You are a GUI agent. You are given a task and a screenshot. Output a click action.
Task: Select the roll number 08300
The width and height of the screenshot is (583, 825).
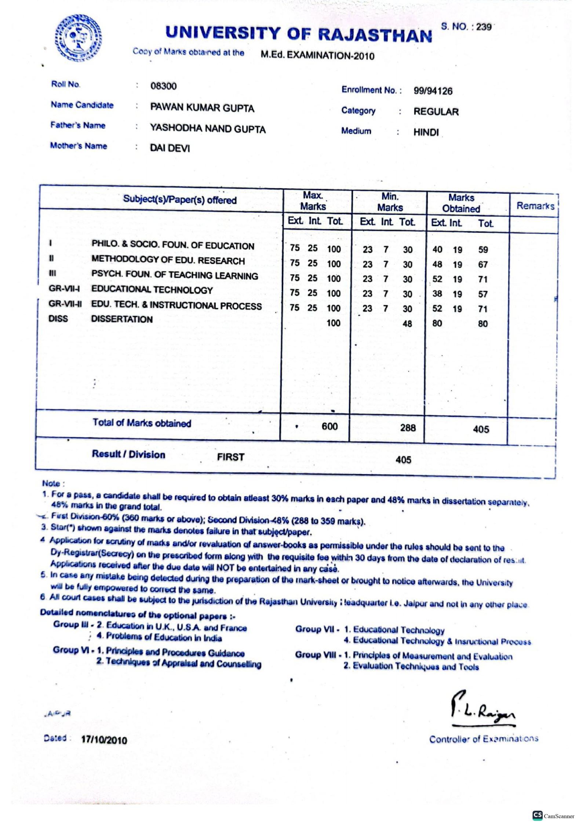tap(163, 86)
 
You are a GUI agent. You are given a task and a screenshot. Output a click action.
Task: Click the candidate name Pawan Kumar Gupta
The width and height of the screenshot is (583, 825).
tap(202, 108)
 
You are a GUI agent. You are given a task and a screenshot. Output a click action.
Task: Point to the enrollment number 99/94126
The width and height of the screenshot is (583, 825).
tap(433, 91)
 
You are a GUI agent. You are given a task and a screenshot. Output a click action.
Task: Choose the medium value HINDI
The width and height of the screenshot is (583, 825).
tap(426, 132)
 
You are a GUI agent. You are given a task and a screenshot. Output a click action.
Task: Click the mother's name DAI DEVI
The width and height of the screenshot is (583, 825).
tap(170, 148)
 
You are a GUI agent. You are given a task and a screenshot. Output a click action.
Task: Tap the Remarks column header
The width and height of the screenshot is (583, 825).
tap(535, 206)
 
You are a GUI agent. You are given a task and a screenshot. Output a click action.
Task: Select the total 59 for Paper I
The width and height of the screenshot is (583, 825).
tap(483, 250)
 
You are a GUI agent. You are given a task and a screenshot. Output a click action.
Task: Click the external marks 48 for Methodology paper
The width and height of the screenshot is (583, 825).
tap(437, 264)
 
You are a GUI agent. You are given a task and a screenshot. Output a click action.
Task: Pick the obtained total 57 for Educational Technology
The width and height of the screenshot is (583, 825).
tap(483, 294)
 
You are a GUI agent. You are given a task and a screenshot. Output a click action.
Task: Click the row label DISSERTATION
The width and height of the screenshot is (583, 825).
tap(122, 319)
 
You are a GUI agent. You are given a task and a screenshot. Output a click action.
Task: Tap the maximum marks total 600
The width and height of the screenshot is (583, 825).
tap(329, 426)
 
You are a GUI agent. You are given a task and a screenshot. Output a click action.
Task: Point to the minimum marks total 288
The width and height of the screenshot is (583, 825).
tap(408, 428)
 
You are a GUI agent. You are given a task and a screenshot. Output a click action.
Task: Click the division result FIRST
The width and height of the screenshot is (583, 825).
tap(230, 457)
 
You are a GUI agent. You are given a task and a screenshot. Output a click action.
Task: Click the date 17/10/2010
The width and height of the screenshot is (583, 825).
tap(104, 740)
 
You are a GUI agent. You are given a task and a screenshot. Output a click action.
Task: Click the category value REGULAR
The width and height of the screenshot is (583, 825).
tap(436, 111)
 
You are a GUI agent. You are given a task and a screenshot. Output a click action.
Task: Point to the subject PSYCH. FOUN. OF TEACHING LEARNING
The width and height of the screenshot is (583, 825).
tap(175, 275)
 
